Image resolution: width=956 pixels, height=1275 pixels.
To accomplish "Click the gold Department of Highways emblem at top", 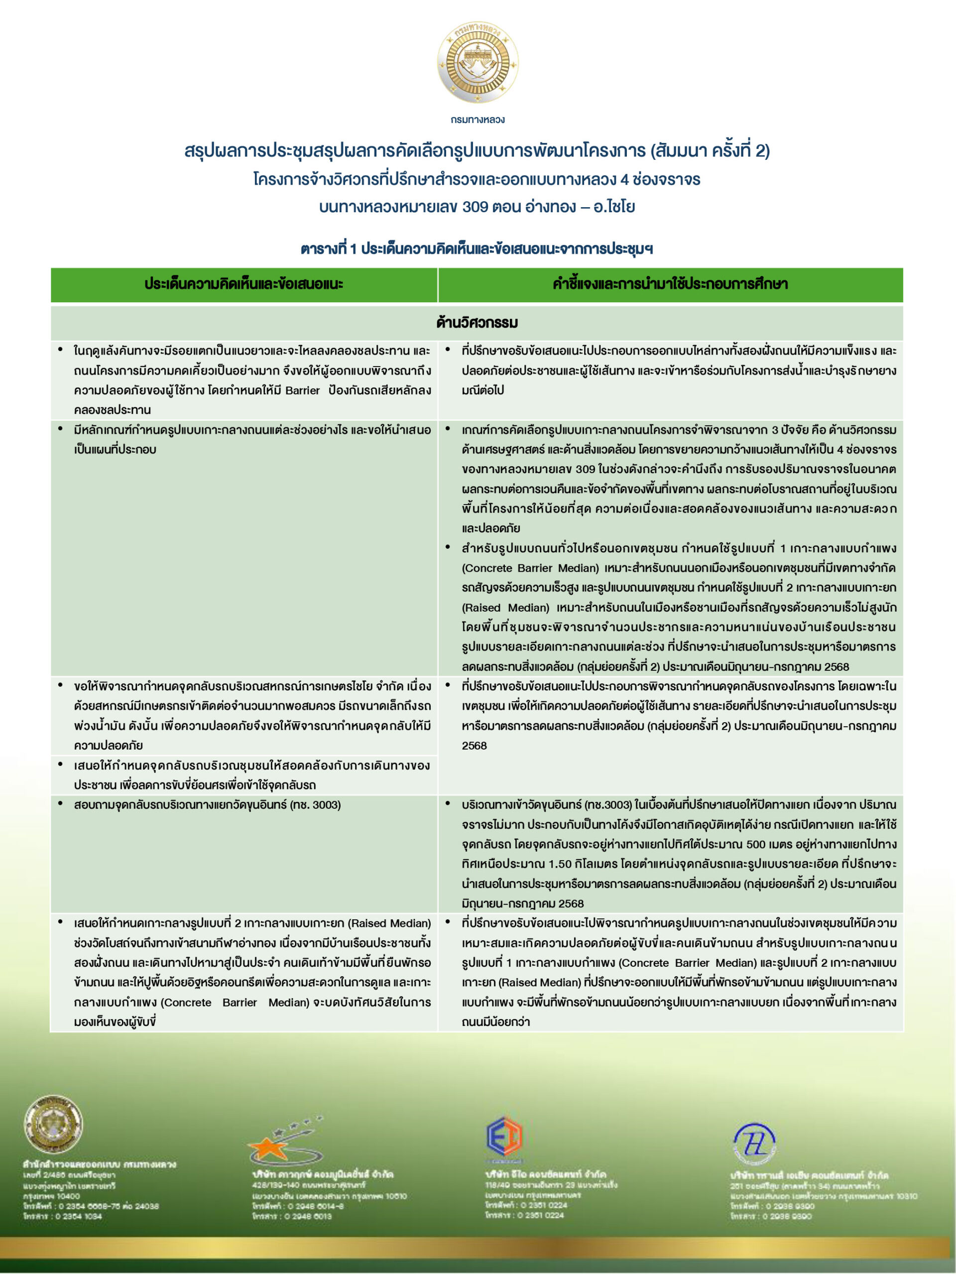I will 477,62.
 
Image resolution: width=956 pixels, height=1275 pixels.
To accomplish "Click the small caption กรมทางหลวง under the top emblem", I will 477,120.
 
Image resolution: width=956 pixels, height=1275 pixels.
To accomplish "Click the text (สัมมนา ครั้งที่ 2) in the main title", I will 710,151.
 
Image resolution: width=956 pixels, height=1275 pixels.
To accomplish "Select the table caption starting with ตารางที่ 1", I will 477,249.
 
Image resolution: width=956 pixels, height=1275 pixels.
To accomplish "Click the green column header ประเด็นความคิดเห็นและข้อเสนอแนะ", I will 244,284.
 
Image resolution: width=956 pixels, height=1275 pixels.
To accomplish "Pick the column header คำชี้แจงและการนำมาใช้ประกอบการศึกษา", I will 670,284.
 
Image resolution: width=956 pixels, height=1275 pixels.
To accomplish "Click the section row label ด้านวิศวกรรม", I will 477,322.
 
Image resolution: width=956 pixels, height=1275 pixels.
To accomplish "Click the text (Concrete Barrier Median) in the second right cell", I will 530,568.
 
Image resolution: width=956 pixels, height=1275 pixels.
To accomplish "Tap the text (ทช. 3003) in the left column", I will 315,805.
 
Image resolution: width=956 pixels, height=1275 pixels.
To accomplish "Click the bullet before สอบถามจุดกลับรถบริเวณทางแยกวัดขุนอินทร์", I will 61,803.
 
